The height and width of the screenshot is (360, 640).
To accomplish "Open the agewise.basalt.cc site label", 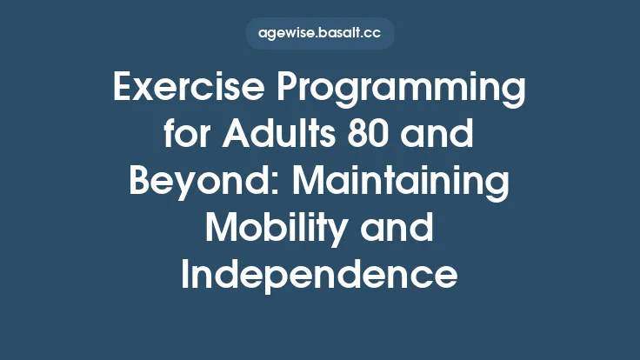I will pos(320,34).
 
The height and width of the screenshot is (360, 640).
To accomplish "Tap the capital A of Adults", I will pos(235,137).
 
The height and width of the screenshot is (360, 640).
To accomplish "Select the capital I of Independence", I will pos(187,275).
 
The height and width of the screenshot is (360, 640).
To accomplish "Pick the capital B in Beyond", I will pos(139,183).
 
